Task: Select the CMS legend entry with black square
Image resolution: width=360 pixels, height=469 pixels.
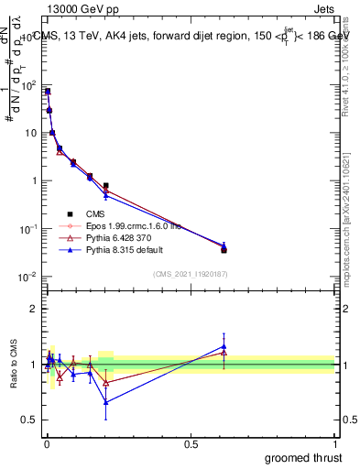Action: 95,214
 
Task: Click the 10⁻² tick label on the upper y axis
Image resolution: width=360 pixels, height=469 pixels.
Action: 27,277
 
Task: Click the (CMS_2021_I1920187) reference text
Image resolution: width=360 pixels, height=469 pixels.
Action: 191,273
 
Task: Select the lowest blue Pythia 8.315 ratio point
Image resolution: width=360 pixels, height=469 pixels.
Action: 106,401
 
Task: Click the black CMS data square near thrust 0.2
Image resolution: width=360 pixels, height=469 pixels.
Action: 106,186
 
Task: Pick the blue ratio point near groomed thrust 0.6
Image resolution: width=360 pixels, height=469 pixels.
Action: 224,345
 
